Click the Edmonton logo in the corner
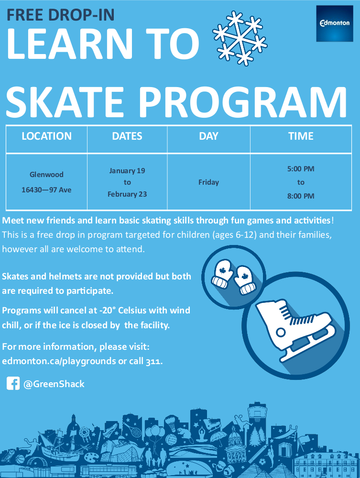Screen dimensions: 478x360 [x=334, y=23]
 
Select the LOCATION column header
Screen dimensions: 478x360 [x=46, y=136]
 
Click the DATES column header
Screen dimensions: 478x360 [x=127, y=136]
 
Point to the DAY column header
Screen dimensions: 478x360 [x=208, y=136]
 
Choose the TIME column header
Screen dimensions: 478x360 [x=301, y=136]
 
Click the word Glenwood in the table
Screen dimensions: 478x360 [x=46, y=175]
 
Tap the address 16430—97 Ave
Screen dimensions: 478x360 [x=46, y=190]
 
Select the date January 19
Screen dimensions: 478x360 [x=127, y=170]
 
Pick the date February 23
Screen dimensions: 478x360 [x=127, y=194]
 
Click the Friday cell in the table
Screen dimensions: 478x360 [x=208, y=182]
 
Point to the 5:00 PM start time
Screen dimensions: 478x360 [x=301, y=169]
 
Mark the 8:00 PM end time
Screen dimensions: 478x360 [x=301, y=196]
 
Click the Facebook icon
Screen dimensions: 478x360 [x=13, y=383]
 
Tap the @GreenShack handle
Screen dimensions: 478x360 [x=54, y=384]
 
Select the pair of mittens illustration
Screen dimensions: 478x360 [x=234, y=276]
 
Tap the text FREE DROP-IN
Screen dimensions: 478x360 [x=61, y=15]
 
